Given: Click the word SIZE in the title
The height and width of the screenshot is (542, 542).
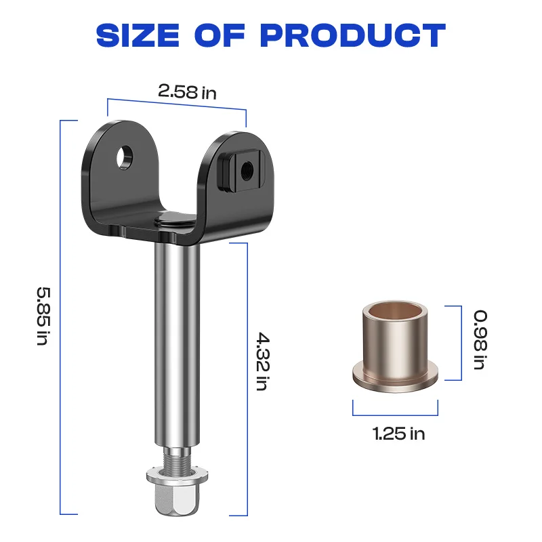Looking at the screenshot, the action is pos(138,35).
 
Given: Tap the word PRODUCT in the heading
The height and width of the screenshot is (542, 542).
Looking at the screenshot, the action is pos(353,35).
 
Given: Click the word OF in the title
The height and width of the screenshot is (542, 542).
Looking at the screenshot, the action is pos(220,35).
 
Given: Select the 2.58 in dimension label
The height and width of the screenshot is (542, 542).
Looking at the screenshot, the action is pos(188,92).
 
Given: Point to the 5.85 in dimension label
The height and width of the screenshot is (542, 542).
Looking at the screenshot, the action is pos(44,316).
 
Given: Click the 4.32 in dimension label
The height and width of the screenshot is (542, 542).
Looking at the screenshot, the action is pos(263,361).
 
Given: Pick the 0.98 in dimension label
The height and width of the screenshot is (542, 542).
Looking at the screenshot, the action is pos(480,340).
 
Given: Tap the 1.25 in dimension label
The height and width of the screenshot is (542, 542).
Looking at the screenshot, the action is pos(398,434).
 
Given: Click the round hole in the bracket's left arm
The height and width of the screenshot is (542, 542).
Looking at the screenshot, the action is pos(124,158).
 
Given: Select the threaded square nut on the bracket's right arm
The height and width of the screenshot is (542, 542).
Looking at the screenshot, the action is pos(241,170).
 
